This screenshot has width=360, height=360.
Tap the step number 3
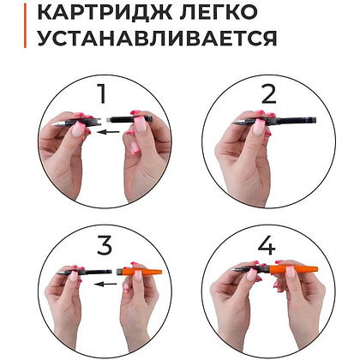click(105, 246)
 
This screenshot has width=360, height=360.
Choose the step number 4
click(267, 246)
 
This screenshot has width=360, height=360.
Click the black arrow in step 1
click(107, 133)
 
